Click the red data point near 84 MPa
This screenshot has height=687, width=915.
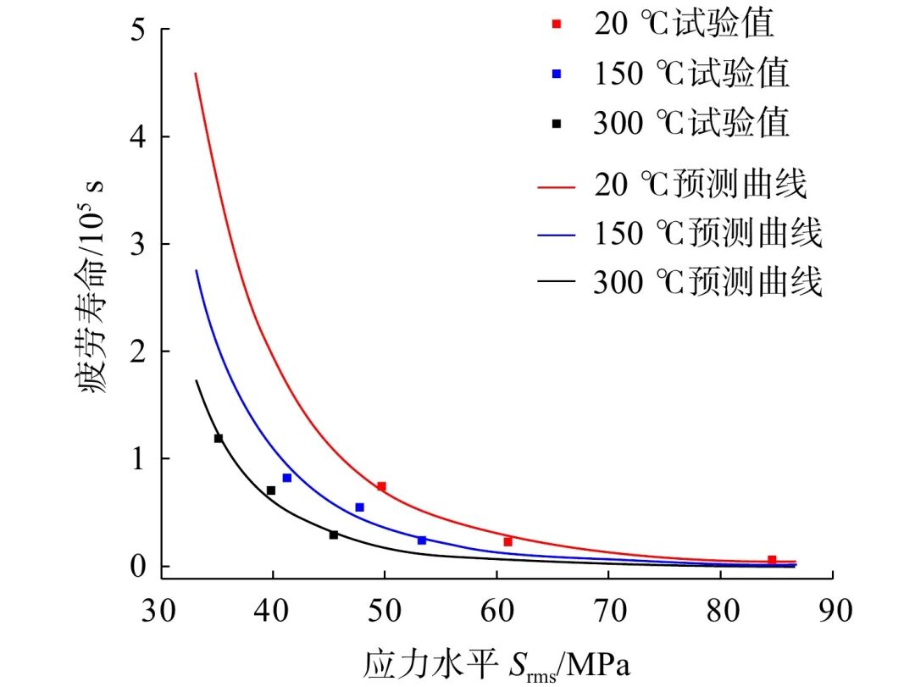click(x=772, y=560)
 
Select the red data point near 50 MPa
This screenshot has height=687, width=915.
click(x=381, y=486)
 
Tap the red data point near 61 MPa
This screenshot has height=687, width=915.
click(x=507, y=541)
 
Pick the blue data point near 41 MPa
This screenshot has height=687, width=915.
click(x=287, y=478)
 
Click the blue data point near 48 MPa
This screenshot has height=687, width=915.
click(x=359, y=507)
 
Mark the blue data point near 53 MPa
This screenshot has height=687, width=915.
click(x=422, y=540)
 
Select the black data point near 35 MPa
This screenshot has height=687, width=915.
click(x=219, y=438)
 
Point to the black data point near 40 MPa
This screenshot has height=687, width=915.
click(x=271, y=490)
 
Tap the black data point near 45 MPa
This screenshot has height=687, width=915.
click(x=334, y=535)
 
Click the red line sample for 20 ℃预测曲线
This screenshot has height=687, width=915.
click(x=557, y=184)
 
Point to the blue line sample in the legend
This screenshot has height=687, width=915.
click(x=557, y=233)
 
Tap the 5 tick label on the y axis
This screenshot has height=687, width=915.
click(x=137, y=30)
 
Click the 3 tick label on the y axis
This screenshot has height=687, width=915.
click(x=137, y=244)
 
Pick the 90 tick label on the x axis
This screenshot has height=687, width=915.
click(x=832, y=610)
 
